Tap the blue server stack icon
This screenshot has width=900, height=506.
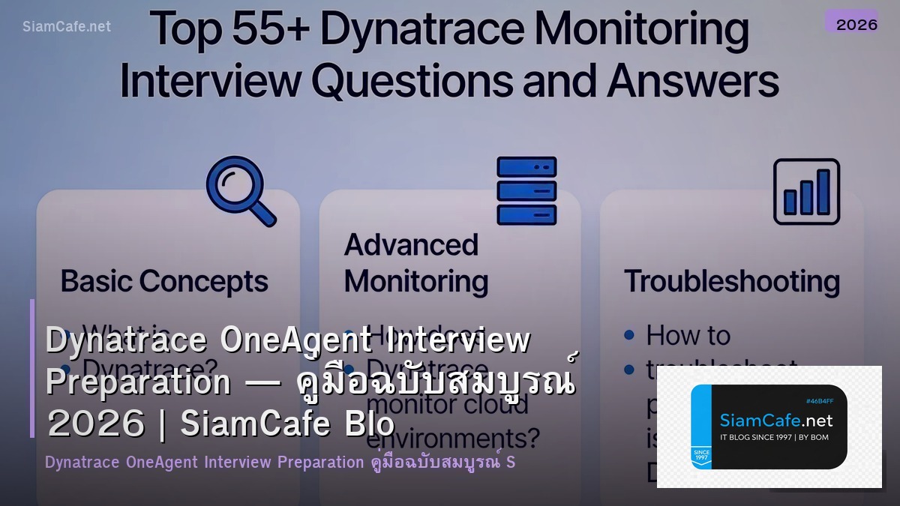click(526, 190)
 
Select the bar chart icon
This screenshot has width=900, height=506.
click(806, 192)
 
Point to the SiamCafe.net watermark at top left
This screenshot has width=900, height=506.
click(67, 26)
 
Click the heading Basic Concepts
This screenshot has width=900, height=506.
click(164, 282)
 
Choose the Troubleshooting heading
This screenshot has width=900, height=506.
click(731, 282)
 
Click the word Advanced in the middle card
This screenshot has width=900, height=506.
click(411, 245)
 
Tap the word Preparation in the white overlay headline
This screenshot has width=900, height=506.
click(138, 382)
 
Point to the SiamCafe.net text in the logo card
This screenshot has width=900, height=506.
click(775, 420)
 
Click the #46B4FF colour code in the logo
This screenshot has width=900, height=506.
click(820, 401)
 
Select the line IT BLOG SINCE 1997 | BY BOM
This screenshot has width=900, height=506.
click(774, 437)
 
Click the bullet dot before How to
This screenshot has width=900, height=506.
click(629, 335)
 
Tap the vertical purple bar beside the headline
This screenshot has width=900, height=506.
click(32, 368)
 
